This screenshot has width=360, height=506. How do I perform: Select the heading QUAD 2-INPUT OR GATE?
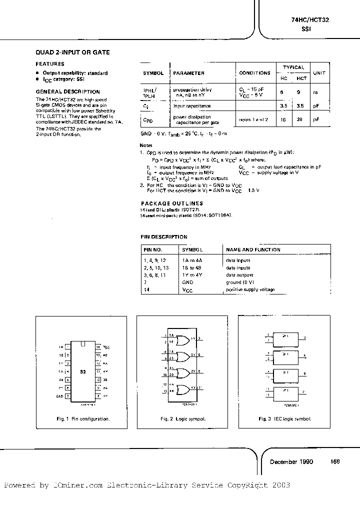pos(73,52)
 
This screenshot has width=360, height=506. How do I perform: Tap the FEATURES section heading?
pos(50,64)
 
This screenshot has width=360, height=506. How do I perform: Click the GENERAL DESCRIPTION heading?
pos(68,92)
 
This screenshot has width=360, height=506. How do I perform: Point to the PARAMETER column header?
pos(188,73)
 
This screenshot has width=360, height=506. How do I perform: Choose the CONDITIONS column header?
pos(254,73)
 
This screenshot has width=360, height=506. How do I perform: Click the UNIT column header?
pos(318,73)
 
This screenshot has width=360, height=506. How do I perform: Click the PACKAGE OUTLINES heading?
pos(172,203)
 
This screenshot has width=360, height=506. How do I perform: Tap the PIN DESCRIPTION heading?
pos(164,237)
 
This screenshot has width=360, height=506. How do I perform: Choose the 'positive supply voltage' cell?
pos(250,289)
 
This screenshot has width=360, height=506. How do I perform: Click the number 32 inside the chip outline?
pos(83,372)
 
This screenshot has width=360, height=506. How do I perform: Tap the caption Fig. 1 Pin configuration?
pos(83,419)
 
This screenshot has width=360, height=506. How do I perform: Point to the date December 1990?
pos(291,461)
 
